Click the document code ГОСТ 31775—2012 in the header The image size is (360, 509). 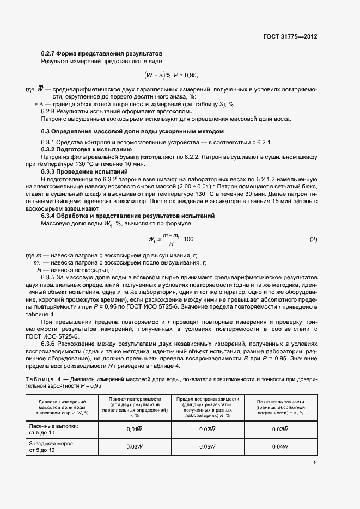point(290,36)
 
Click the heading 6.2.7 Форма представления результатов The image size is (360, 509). point(102,53)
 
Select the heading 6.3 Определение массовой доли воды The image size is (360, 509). point(132,132)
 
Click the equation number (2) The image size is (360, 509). point(313,224)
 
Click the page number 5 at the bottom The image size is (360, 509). point(315,463)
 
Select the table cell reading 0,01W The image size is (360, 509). point(135,430)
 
